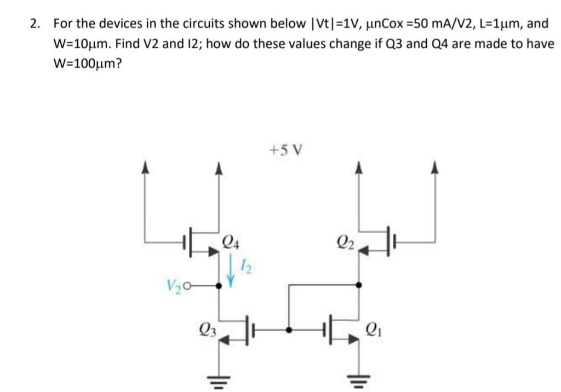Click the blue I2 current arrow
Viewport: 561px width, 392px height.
click(x=231, y=270)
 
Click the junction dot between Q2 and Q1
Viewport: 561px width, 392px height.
click(x=359, y=285)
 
